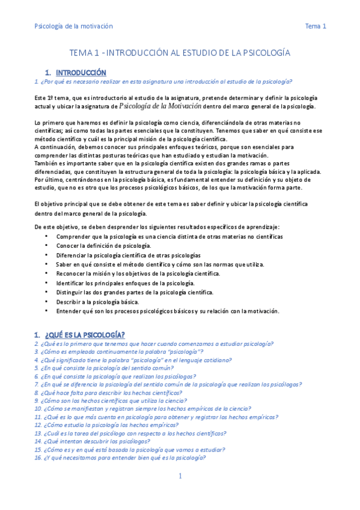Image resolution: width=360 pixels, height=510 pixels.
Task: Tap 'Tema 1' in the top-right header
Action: (x=316, y=26)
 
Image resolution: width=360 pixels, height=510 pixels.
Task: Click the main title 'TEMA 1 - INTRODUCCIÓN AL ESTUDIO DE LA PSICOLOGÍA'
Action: (x=180, y=53)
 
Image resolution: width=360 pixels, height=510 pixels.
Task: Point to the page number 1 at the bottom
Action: (x=180, y=476)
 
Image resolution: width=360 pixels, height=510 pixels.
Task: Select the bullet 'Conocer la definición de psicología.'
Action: (x=103, y=246)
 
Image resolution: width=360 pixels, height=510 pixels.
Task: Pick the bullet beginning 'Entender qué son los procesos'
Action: (x=168, y=311)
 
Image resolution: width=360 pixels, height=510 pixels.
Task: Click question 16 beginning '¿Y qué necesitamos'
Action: (x=120, y=458)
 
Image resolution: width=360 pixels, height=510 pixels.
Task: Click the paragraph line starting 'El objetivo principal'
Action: (x=171, y=204)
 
